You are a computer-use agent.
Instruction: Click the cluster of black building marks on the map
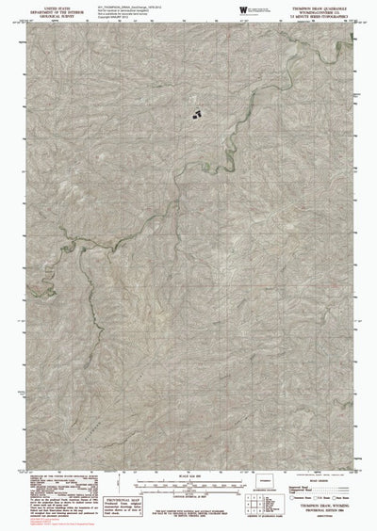pos(197,114)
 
